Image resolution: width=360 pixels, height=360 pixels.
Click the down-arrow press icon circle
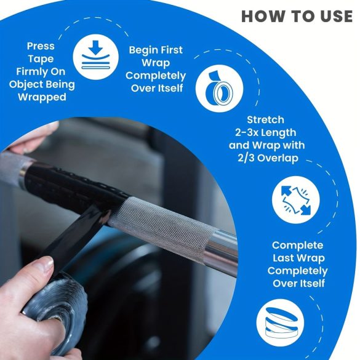[96, 57]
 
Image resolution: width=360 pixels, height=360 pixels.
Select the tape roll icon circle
[219, 89]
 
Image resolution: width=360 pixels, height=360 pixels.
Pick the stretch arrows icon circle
[296, 200]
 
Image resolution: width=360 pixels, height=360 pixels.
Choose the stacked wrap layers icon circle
[280, 323]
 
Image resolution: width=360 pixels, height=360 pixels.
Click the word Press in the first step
[41, 46]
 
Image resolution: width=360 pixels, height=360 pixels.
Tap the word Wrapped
[42, 97]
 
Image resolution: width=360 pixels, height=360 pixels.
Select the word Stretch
[265, 120]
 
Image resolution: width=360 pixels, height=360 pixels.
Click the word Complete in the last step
[298, 246]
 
